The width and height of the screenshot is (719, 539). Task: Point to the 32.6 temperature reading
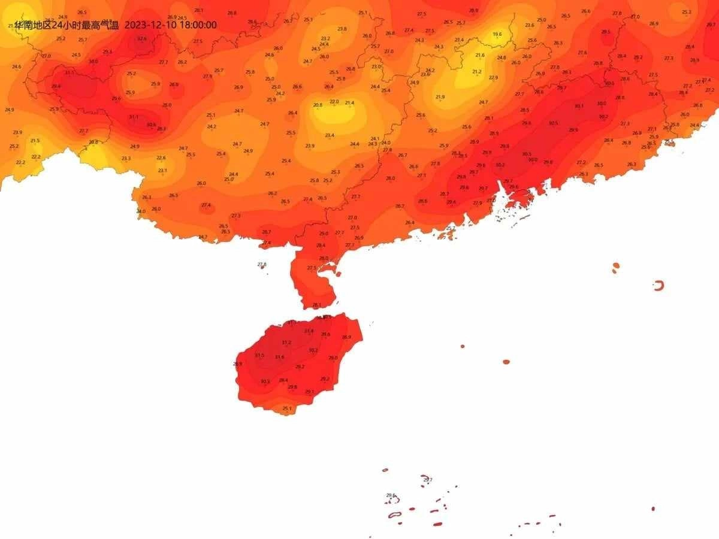point(141,38)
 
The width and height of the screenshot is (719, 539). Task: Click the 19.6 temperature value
point(497,34)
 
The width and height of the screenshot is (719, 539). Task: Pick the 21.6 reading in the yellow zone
point(480,55)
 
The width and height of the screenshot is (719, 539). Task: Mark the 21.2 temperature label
point(477,72)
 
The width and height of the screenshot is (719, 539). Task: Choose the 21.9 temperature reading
point(440,97)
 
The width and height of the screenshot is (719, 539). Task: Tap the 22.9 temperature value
point(493,78)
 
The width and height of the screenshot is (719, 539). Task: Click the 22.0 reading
point(334,102)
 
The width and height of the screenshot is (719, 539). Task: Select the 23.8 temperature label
point(342,29)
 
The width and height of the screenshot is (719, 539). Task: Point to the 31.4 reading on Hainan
point(309,331)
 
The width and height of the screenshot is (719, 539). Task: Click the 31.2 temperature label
point(286,343)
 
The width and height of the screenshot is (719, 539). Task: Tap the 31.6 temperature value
point(280,357)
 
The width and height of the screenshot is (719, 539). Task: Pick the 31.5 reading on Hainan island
point(259,355)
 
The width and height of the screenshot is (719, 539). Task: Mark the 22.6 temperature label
point(161,158)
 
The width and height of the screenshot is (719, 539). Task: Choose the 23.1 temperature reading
point(162,171)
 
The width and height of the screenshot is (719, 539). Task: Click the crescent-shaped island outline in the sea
point(659,286)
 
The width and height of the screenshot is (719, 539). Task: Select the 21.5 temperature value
point(35,141)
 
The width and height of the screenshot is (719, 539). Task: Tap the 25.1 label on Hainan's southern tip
point(287,408)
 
